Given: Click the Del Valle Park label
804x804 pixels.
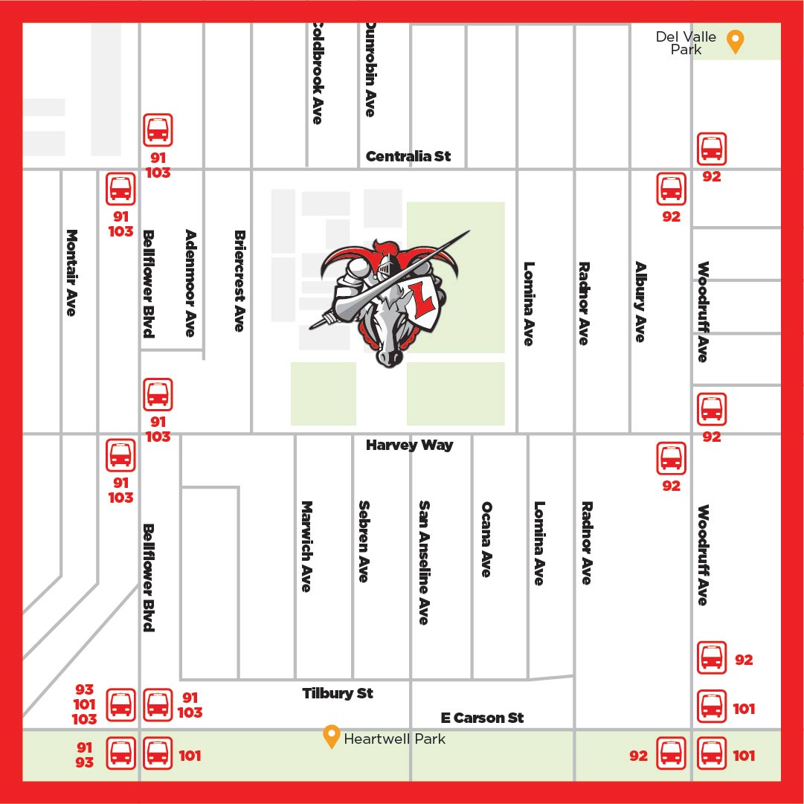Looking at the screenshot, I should (x=686, y=43).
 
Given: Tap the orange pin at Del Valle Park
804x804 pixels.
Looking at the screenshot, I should (x=735, y=42).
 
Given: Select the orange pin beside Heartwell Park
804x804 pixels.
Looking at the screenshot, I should (x=331, y=736).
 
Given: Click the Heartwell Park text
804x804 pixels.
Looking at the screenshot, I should (x=394, y=739).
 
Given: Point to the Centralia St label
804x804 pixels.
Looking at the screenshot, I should (x=408, y=157).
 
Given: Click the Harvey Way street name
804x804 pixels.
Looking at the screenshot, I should (x=409, y=446).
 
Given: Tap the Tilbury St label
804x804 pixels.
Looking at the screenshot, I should (x=338, y=693).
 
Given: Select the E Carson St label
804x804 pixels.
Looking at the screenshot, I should (x=482, y=718).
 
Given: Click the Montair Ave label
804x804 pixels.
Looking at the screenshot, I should (x=71, y=272).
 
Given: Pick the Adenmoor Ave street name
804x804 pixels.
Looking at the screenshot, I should (x=191, y=283).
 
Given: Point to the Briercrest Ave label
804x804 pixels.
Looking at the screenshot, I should (x=239, y=280).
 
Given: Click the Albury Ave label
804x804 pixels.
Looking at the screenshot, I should (x=640, y=301).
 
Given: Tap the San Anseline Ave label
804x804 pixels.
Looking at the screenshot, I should (x=424, y=562).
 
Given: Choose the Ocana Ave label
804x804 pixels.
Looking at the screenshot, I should (x=486, y=539).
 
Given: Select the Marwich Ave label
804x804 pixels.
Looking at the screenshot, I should (x=306, y=547).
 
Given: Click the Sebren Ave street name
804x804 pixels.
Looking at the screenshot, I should (x=364, y=541).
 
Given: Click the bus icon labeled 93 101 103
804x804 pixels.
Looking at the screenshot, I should (x=120, y=705).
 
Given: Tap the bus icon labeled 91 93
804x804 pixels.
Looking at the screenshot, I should (x=120, y=753).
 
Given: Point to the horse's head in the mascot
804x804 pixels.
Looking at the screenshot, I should (x=390, y=335).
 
